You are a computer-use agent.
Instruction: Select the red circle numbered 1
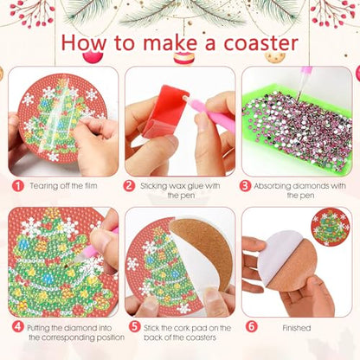(16, 185)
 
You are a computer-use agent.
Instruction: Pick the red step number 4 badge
(16, 327)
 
